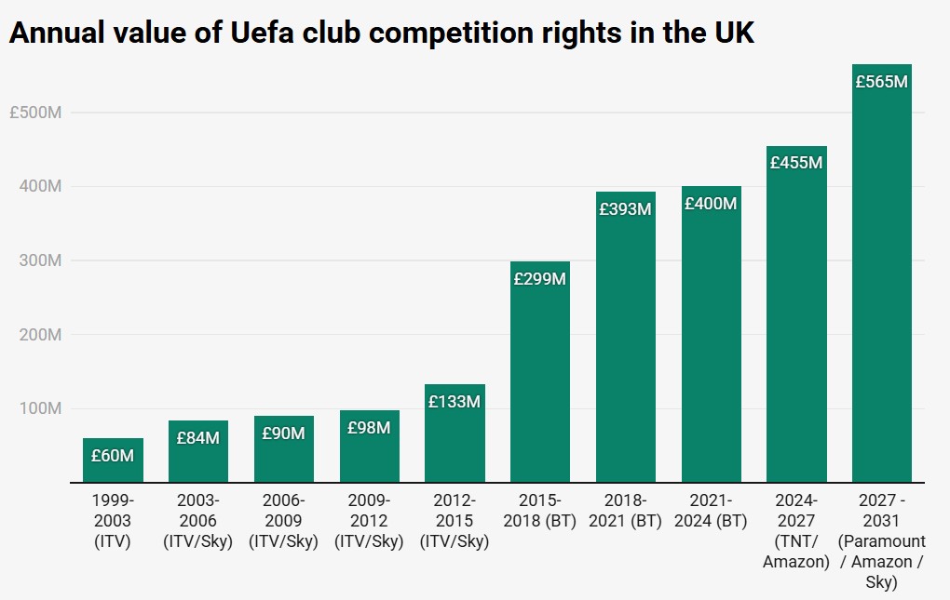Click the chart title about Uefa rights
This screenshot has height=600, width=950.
(381, 33)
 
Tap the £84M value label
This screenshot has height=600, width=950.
(198, 437)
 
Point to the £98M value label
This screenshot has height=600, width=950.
(369, 428)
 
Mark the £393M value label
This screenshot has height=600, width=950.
(625, 209)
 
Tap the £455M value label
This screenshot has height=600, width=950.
(796, 163)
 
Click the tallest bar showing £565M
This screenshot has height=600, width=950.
(882, 279)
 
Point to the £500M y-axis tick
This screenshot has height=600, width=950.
(35, 113)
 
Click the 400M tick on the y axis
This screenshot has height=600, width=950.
(41, 187)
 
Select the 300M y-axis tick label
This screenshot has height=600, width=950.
(41, 260)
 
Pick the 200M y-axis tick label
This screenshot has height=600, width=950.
(41, 335)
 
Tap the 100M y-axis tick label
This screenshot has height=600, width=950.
(41, 408)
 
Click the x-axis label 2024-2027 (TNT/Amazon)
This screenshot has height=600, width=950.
(796, 530)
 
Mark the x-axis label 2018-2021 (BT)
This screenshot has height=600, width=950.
(625, 510)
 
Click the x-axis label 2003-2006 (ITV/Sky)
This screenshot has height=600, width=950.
(198, 521)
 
